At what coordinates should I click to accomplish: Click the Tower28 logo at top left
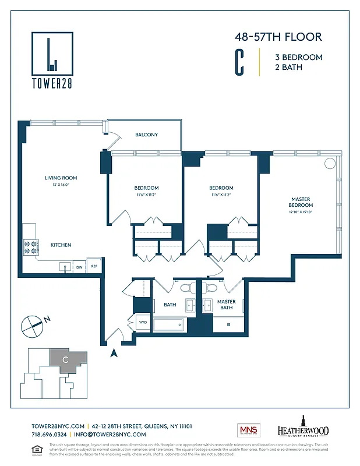click(x=52, y=59)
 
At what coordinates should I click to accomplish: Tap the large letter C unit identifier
click(x=239, y=62)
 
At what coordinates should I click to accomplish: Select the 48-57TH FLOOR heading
click(x=278, y=37)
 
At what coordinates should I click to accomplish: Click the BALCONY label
click(x=146, y=135)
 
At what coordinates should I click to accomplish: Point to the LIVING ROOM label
click(x=61, y=178)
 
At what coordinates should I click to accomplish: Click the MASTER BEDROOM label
click(x=301, y=202)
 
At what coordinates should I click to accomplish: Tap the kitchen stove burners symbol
click(x=30, y=247)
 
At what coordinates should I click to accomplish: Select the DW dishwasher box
click(x=79, y=267)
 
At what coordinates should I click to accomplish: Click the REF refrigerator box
click(x=94, y=267)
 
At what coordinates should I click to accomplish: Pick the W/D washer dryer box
click(x=143, y=323)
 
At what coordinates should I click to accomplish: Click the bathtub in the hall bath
click(x=168, y=324)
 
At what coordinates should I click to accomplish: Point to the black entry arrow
click(x=115, y=351)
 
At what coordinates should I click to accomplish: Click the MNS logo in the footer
click(x=249, y=431)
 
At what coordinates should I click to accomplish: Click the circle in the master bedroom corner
click(x=329, y=163)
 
